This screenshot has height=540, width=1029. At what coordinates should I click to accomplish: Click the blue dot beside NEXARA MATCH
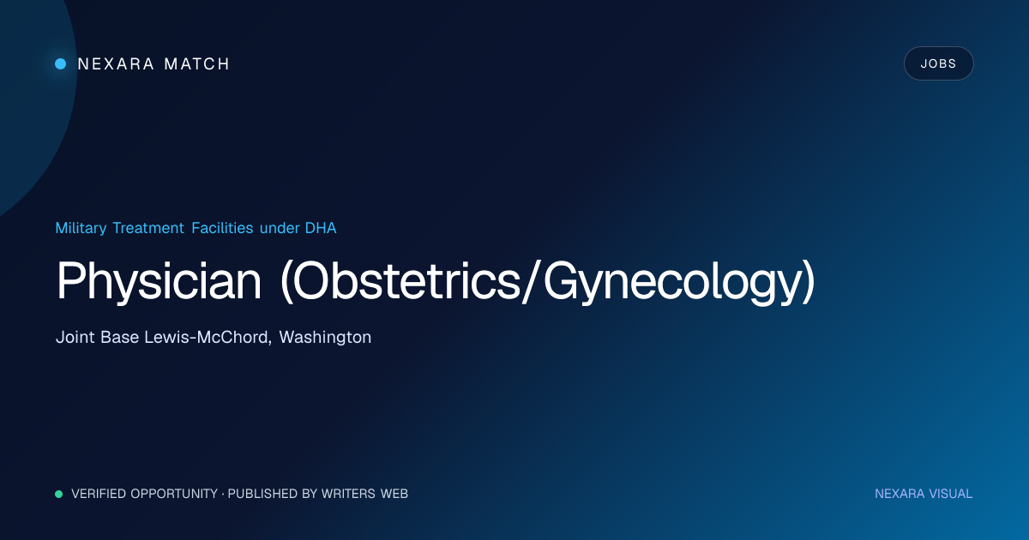pyautogui.click(x=60, y=63)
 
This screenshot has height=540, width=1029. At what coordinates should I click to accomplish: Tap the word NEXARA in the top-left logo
pyautogui.click(x=116, y=63)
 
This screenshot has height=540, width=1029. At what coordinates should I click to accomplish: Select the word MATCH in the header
pyautogui.click(x=196, y=63)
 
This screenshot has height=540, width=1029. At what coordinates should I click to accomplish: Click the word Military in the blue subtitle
pyautogui.click(x=81, y=228)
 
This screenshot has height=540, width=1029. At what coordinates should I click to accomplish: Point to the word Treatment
pyautogui.click(x=148, y=228)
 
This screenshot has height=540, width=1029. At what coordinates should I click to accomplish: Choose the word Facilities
pyautogui.click(x=222, y=228)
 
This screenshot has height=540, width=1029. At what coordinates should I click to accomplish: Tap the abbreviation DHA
pyautogui.click(x=321, y=228)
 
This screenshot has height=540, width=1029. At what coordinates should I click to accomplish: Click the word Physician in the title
pyautogui.click(x=159, y=280)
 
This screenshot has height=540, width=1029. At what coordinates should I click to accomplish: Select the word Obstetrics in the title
pyautogui.click(x=406, y=280)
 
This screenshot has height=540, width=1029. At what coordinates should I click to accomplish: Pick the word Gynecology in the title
pyautogui.click(x=672, y=280)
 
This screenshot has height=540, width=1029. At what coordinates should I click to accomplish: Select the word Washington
pyautogui.click(x=325, y=337)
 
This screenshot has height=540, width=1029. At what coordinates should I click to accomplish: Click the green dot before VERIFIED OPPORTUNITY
pyautogui.click(x=59, y=494)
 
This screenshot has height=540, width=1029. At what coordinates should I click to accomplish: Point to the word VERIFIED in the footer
pyautogui.click(x=99, y=494)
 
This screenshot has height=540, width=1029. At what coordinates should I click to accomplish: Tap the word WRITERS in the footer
pyautogui.click(x=348, y=494)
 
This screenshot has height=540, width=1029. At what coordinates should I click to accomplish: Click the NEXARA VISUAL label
pyautogui.click(x=924, y=494)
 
